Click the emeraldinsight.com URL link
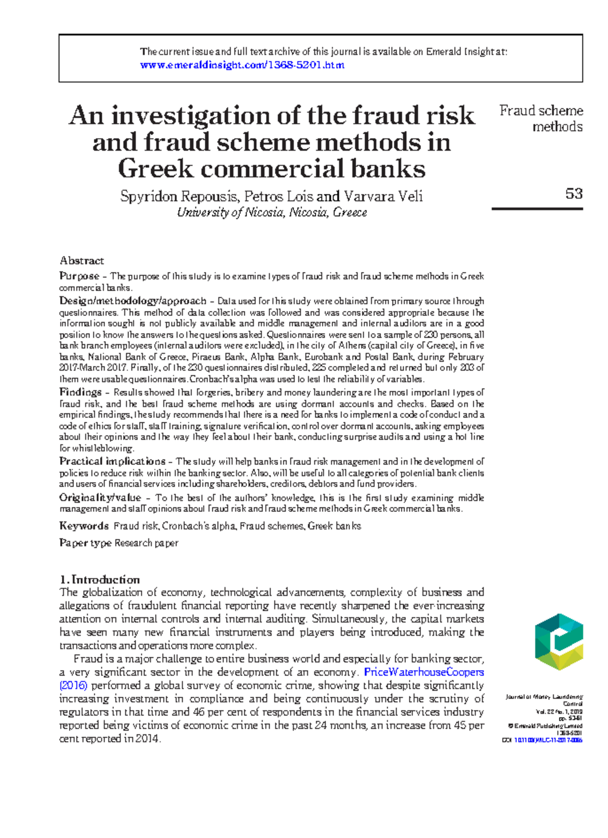pyautogui.click(x=242, y=65)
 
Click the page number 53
pyautogui.click(x=574, y=193)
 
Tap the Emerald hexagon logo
pyautogui.click(x=559, y=642)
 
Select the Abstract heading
pyautogui.click(x=82, y=261)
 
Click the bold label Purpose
pyautogui.click(x=79, y=276)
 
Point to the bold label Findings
pyautogui.click(x=80, y=392)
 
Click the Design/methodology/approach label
pyautogui.click(x=133, y=301)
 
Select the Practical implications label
pyautogui.click(x=112, y=461)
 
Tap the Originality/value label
pyautogui.click(x=100, y=498)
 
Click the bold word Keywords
pyautogui.click(x=84, y=526)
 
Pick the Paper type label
pyautogui.click(x=85, y=543)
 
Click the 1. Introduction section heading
pyautogui.click(x=99, y=580)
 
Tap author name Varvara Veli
pyautogui.click(x=383, y=196)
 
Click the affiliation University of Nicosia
pyautogui.click(x=231, y=213)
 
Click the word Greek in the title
pyautogui.click(x=156, y=169)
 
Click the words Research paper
pyautogui.click(x=146, y=543)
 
